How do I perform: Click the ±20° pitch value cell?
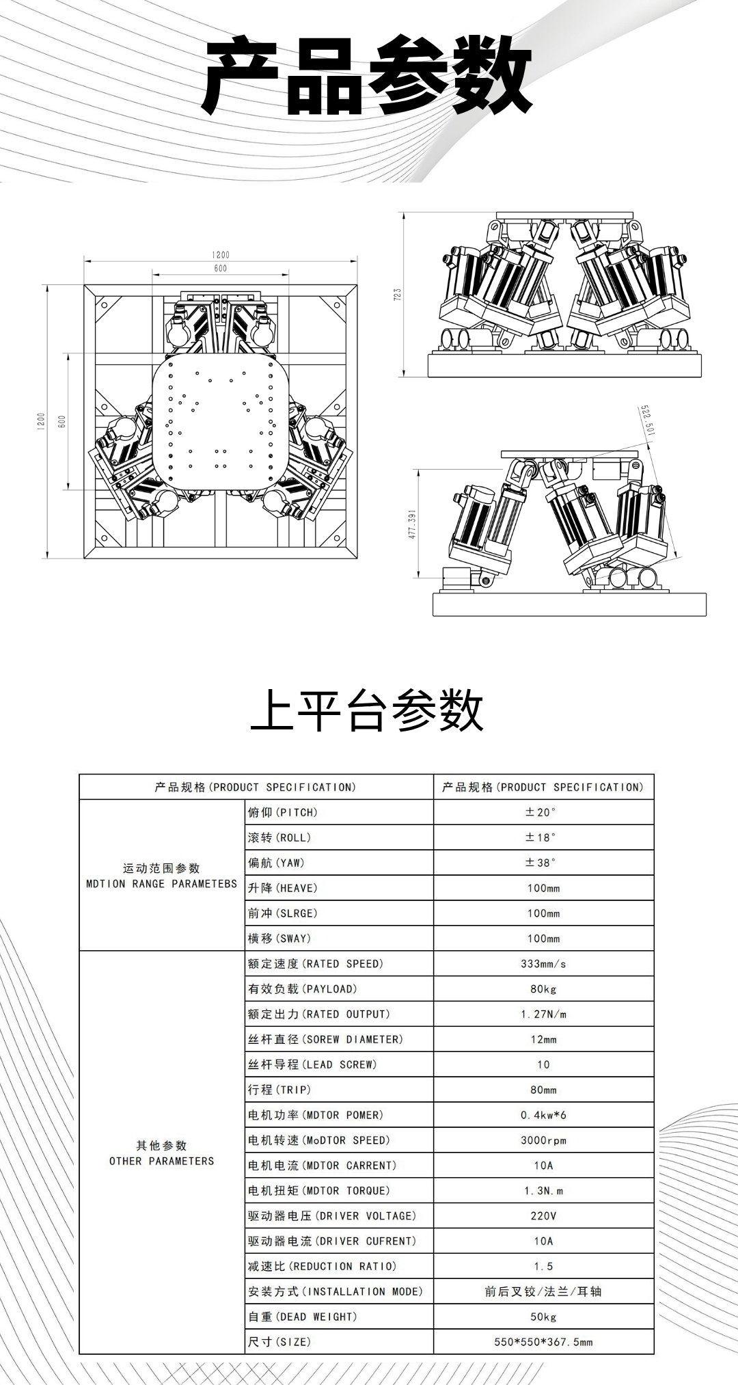[543, 812]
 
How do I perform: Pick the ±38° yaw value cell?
[543, 863]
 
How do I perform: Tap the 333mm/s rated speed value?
[543, 964]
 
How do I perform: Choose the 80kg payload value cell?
[543, 989]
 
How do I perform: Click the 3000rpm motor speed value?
[543, 1140]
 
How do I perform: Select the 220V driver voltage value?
[543, 1216]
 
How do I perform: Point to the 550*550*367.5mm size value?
[543, 1342]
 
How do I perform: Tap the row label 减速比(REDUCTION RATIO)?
[322, 1266]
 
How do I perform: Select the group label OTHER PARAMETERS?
[161, 1161]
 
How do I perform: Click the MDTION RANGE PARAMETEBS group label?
[161, 883]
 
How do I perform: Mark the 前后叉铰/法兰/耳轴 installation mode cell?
[543, 1291]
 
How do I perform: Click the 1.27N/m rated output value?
[543, 1014]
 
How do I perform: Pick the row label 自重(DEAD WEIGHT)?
[302, 1317]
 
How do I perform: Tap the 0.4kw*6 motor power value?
[543, 1115]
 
